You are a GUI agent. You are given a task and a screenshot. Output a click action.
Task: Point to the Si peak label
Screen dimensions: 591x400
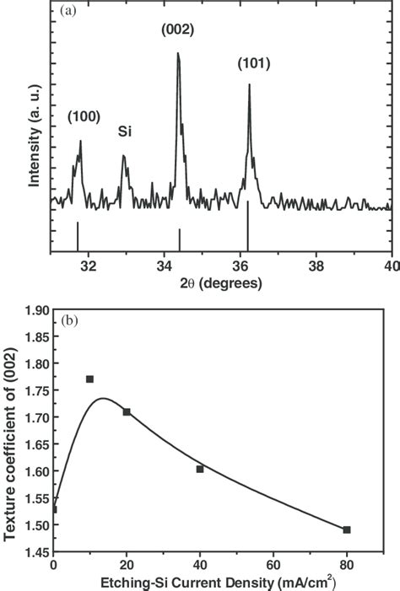click(124, 132)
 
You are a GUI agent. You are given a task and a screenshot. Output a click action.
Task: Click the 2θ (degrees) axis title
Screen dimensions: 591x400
click(221, 283)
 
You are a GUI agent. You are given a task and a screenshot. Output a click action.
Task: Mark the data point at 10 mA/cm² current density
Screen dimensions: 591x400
click(89, 379)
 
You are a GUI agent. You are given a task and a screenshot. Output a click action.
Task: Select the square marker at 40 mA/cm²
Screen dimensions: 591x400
click(200, 469)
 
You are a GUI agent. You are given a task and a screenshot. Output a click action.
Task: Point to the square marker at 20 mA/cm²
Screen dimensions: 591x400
click(127, 411)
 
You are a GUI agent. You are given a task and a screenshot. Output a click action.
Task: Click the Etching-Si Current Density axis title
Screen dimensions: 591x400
click(221, 581)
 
